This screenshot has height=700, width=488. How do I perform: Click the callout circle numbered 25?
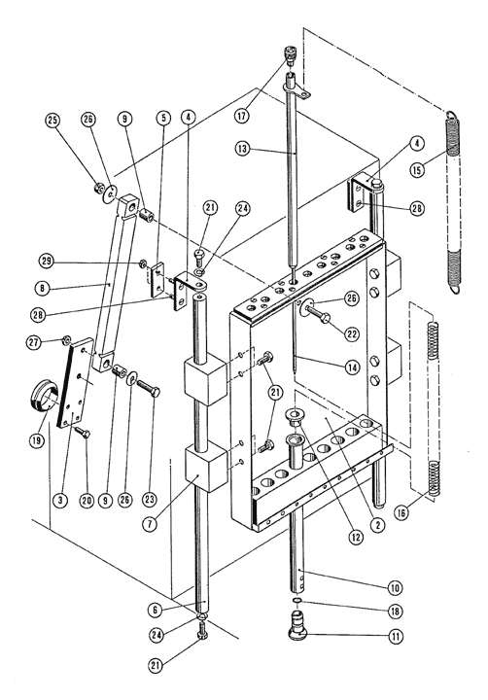(x=53, y=121)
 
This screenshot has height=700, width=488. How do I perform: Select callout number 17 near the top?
(x=241, y=116)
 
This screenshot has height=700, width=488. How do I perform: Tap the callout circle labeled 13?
(x=242, y=149)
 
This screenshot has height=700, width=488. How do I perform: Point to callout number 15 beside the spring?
(x=417, y=170)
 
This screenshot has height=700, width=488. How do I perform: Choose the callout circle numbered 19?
(x=37, y=440)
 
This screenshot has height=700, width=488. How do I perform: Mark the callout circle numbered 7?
(x=151, y=523)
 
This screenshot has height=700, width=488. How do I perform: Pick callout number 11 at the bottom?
(x=395, y=635)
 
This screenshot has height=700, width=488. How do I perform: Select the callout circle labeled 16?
(x=401, y=513)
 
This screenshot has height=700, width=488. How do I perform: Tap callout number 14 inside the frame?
(x=352, y=367)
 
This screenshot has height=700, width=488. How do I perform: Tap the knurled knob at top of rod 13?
(x=291, y=55)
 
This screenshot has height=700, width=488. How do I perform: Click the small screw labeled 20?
(x=83, y=432)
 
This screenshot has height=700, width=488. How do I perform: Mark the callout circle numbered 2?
(x=377, y=525)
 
